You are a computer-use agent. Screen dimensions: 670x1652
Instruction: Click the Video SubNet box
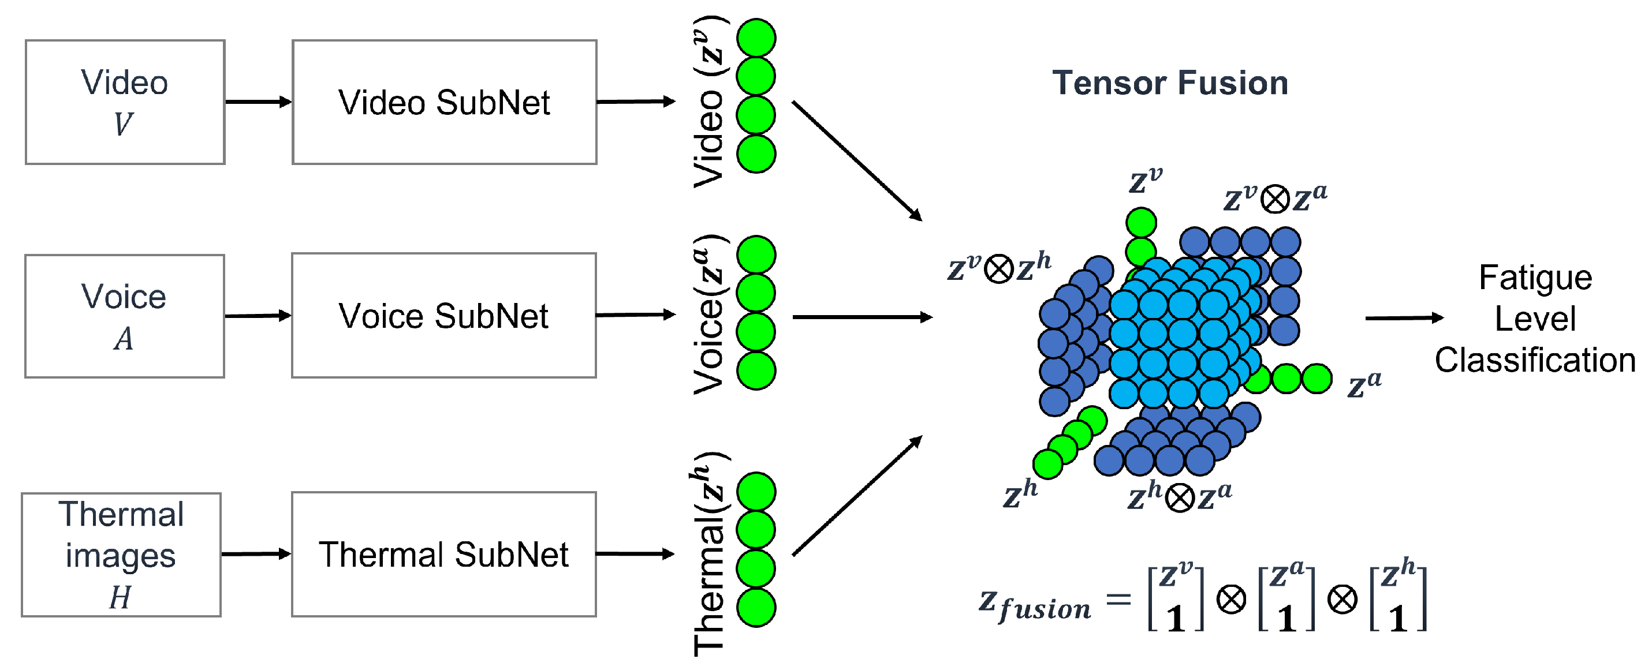tap(444, 103)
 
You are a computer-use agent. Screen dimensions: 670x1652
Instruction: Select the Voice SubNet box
tap(444, 316)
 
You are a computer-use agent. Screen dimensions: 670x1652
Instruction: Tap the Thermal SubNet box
tap(444, 555)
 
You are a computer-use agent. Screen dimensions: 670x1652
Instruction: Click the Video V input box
tap(125, 103)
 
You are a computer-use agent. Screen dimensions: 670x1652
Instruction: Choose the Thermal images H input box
tap(121, 555)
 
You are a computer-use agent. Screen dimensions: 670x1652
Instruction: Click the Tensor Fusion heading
tap(1170, 83)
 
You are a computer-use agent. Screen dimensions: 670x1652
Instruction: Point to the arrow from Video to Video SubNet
tap(258, 102)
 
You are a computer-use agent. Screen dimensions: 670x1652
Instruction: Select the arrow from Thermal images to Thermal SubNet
tap(256, 554)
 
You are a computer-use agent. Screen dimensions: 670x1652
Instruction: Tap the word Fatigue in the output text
tap(1535, 278)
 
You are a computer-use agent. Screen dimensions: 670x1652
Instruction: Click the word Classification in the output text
tap(1535, 360)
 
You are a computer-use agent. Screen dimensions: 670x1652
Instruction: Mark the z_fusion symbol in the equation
tap(1034, 605)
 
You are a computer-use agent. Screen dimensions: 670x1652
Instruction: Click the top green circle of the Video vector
tap(756, 38)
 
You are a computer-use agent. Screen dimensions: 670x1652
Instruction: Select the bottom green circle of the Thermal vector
tap(756, 607)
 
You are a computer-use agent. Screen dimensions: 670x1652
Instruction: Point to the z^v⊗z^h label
tap(999, 267)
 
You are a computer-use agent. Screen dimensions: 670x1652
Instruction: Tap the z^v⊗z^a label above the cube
tap(1275, 198)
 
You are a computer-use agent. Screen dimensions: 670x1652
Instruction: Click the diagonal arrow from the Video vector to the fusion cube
tap(857, 160)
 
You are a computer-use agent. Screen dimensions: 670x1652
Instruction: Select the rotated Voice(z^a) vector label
tap(709, 314)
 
